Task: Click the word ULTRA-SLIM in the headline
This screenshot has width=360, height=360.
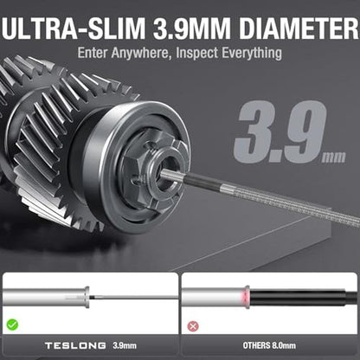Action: [x=73, y=29]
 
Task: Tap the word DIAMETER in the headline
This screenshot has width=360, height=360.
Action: [x=299, y=29]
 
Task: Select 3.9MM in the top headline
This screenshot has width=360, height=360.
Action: [x=191, y=29]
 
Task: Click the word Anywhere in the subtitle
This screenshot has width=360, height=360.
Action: [x=140, y=53]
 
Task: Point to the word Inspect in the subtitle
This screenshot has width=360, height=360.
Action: [x=197, y=53]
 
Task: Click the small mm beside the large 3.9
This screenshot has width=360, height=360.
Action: [x=334, y=157]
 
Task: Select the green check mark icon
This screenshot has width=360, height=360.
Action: [x=12, y=325]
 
